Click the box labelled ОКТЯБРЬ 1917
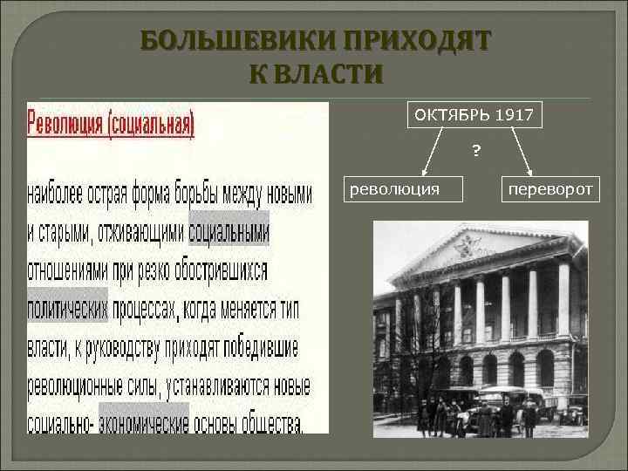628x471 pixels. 475,114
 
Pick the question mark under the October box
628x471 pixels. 476,151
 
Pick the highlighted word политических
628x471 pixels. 68,307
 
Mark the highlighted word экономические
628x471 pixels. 144,423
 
